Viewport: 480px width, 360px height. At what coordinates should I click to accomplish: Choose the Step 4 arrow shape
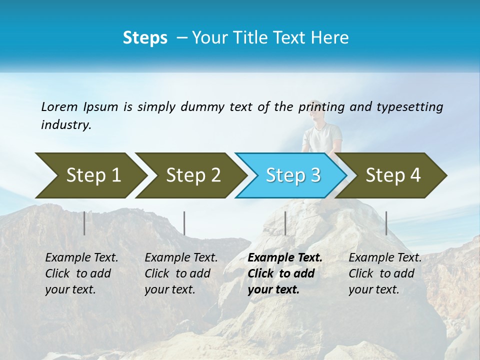(x=393, y=175)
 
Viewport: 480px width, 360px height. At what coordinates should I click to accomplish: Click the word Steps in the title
(x=145, y=37)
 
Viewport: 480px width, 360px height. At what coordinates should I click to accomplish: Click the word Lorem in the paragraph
(x=59, y=106)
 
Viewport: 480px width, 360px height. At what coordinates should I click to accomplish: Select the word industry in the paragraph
(x=65, y=124)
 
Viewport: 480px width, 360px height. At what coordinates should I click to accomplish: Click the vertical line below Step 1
(x=84, y=223)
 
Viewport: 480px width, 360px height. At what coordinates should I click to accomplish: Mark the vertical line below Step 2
(x=184, y=223)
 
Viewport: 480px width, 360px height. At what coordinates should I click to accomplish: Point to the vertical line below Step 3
(x=285, y=223)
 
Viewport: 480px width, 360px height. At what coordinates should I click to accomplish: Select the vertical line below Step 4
(x=386, y=223)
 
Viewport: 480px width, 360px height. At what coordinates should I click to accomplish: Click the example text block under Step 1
(x=81, y=273)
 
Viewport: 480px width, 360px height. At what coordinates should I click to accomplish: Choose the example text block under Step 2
(x=181, y=273)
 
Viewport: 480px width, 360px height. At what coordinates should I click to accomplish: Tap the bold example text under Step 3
(x=285, y=273)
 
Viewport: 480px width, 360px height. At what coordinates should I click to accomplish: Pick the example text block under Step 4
(x=385, y=273)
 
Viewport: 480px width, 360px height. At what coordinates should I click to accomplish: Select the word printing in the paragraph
(x=319, y=107)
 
